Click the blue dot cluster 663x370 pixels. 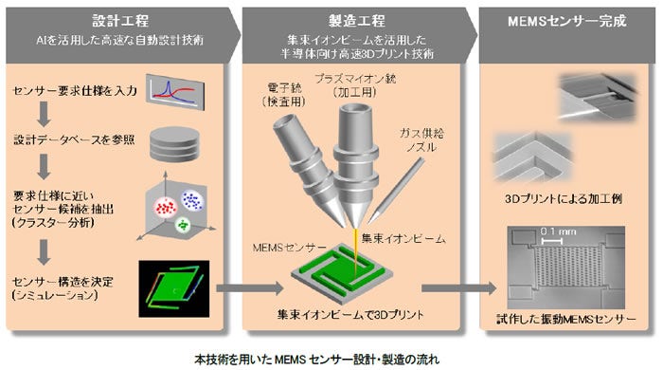point(193,200)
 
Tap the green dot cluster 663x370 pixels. point(179,226)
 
